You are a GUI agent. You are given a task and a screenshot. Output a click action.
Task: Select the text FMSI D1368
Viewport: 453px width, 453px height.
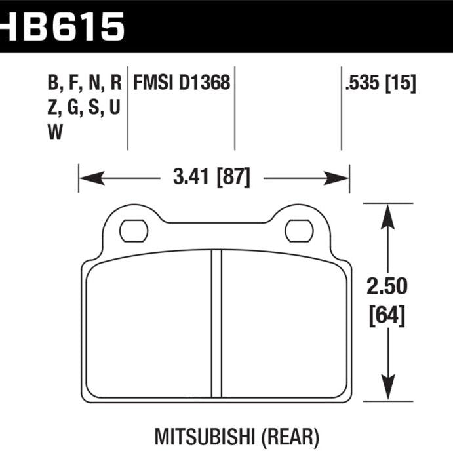tap(182, 83)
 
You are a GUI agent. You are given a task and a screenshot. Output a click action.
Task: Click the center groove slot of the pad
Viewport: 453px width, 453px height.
tap(216, 325)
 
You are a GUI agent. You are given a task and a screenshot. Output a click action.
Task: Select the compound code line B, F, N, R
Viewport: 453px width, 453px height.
tap(85, 83)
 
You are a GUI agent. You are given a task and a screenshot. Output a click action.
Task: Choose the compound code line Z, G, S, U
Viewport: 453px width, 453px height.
tap(83, 107)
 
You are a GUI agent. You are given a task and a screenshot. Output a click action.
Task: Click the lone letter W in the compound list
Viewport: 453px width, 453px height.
tap(55, 132)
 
